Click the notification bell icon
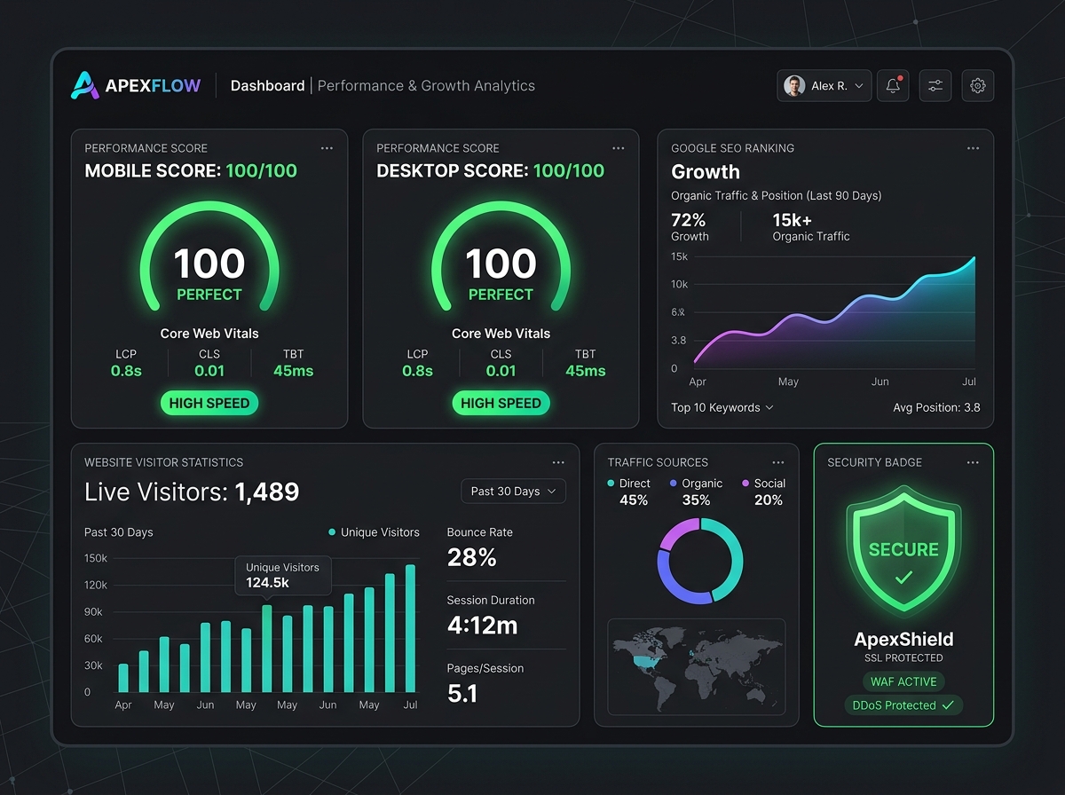893,85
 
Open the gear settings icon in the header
977,86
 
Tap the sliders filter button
935,86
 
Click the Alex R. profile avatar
794,86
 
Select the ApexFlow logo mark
85,85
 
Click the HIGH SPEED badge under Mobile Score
209,403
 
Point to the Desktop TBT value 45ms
585,371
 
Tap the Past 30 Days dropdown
513,492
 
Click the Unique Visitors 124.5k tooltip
283,575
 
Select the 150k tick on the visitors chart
96,558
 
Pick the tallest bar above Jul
411,628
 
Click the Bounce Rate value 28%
471,557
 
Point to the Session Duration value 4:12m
482,626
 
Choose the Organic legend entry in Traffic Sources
697,484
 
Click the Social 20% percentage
769,500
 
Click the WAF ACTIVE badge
903,681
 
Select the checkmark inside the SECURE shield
903,578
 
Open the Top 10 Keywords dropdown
722,407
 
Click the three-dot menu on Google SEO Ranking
973,148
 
